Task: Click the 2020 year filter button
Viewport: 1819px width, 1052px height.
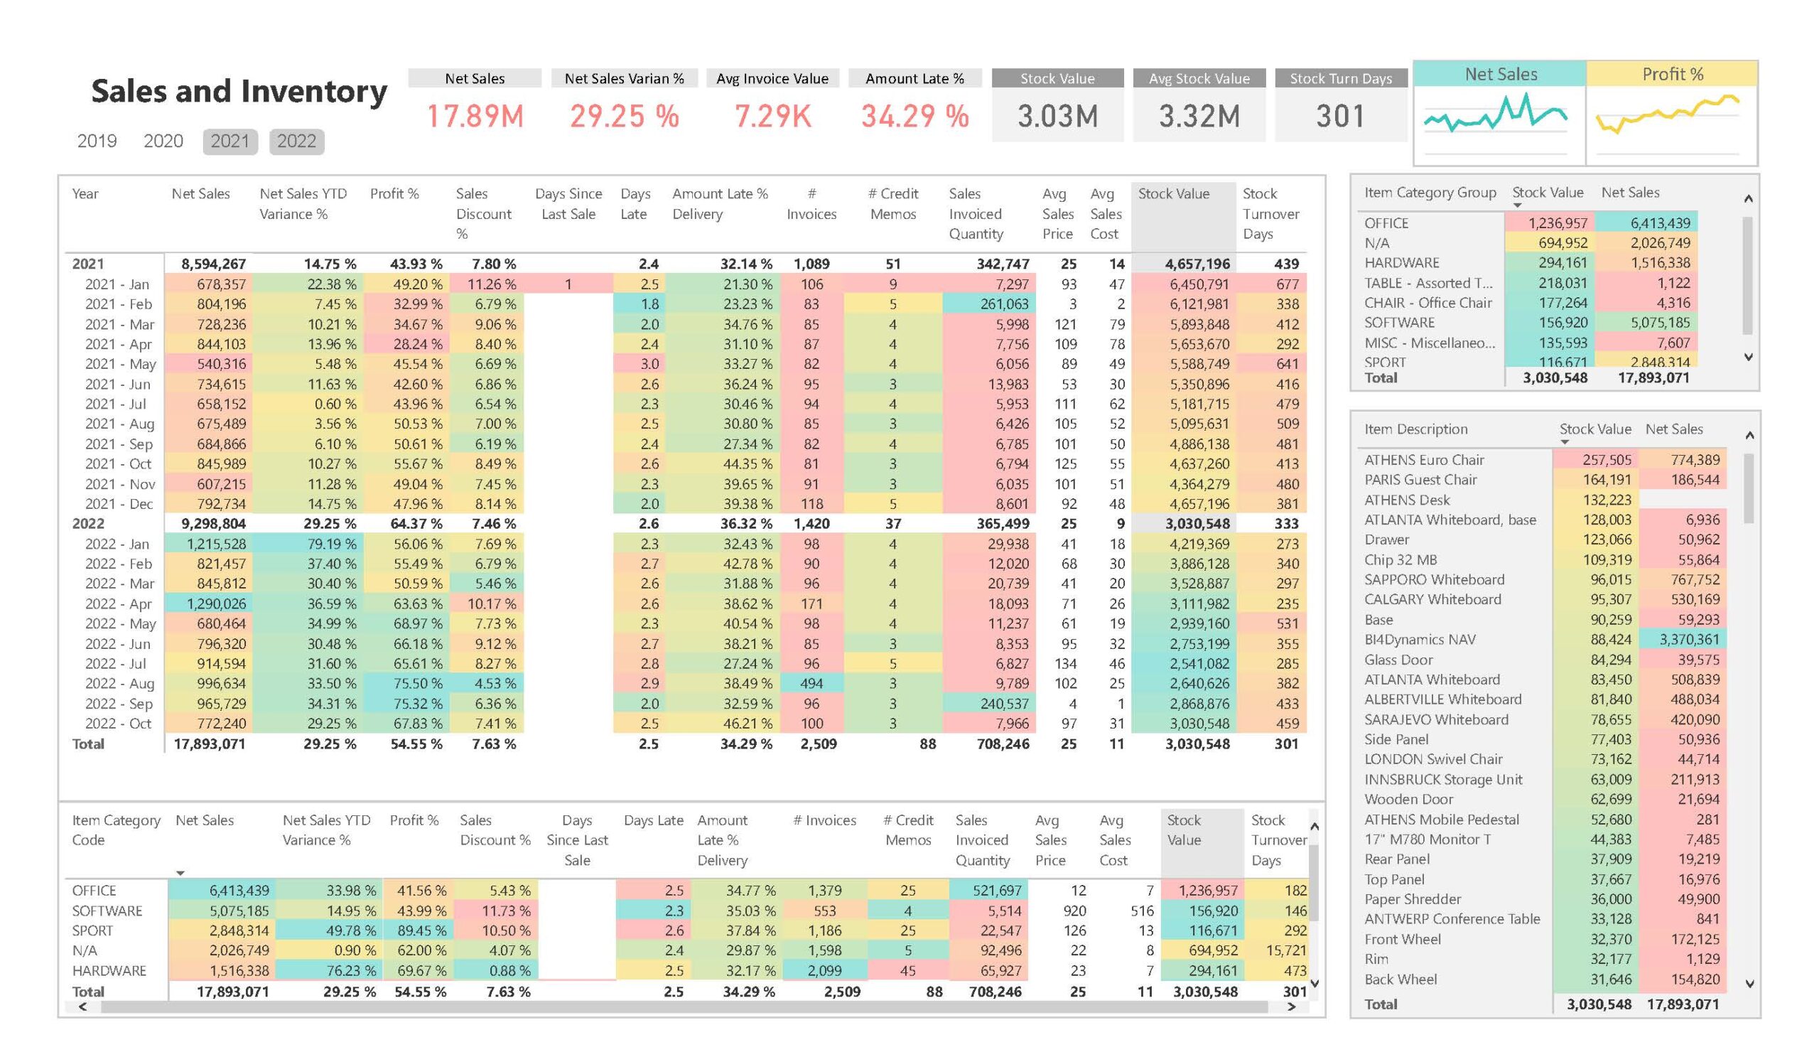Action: [163, 141]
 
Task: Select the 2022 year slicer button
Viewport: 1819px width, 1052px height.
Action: [296, 141]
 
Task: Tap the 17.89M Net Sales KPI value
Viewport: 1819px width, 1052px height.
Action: [474, 117]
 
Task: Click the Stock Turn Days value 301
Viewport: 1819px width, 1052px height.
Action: [1339, 117]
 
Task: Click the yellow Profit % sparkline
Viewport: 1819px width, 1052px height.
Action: [1668, 116]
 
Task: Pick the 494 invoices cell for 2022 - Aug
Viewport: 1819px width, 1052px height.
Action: [811, 683]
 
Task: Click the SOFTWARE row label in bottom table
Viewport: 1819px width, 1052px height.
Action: [107, 911]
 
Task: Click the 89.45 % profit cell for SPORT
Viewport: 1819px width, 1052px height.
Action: [419, 930]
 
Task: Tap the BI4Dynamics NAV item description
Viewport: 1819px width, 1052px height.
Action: [1419, 639]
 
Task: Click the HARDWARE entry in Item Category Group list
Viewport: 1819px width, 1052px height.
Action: [1401, 263]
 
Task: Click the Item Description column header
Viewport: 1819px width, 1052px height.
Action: [1415, 429]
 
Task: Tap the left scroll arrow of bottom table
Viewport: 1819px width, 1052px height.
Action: [82, 1007]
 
